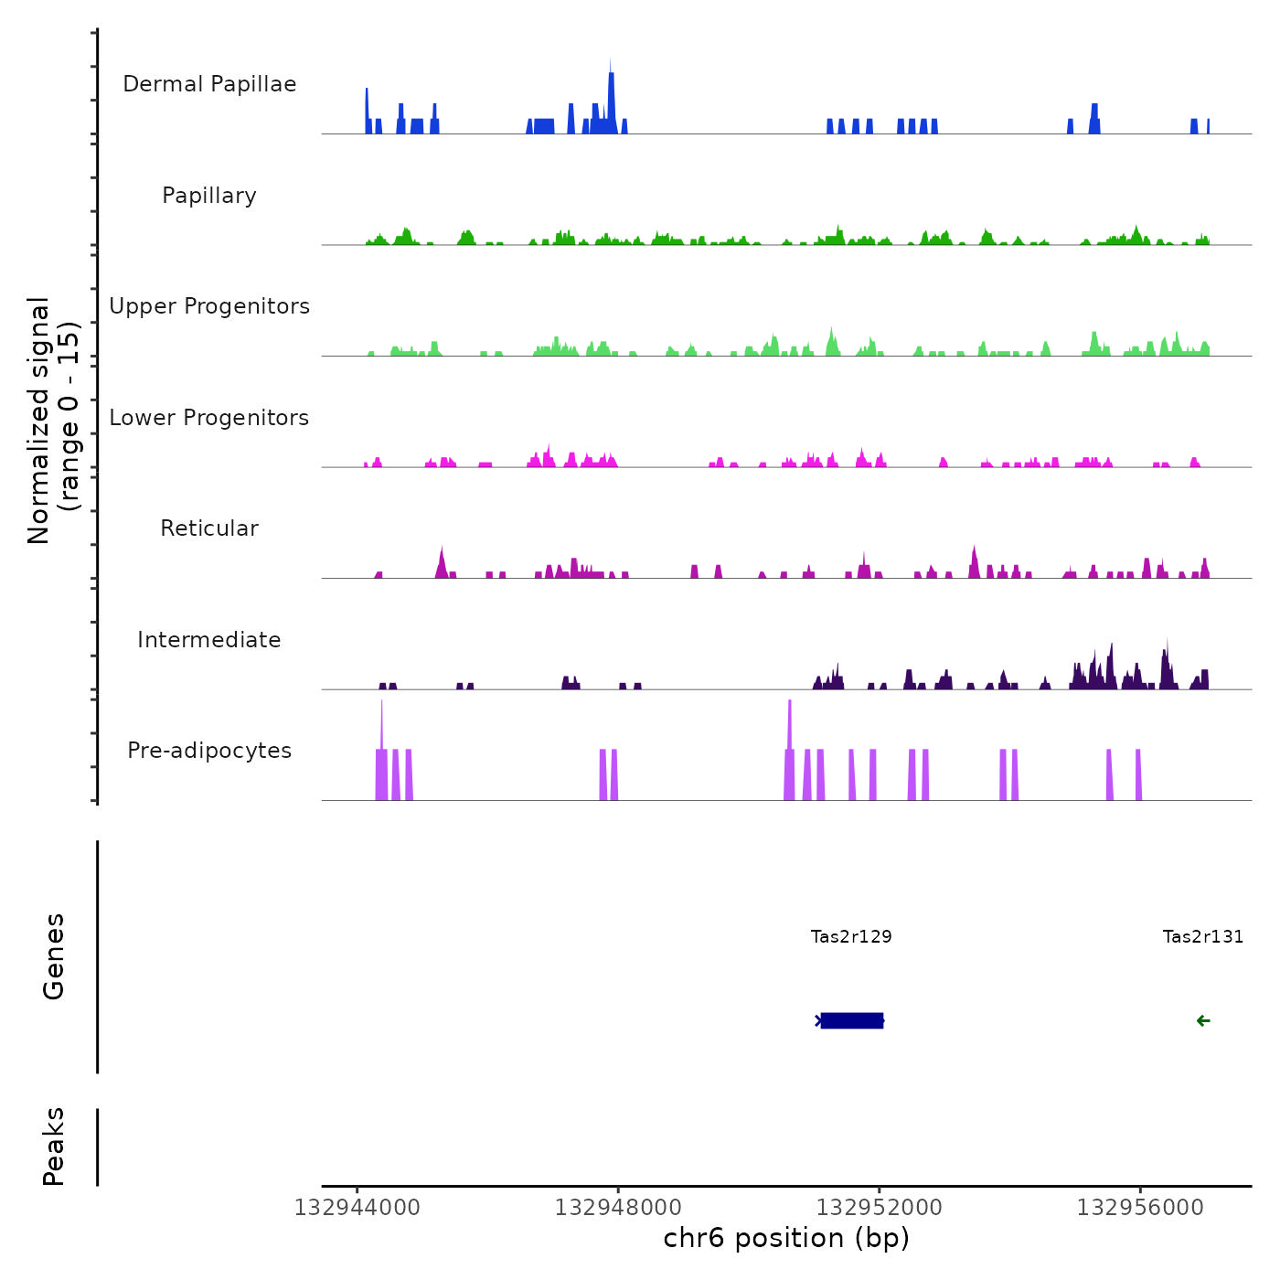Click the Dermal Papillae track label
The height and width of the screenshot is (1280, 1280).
coord(209,84)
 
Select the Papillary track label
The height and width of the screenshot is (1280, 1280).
coord(209,196)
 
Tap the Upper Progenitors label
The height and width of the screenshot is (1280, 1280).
coord(209,306)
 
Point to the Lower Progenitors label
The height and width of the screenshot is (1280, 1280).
coord(209,418)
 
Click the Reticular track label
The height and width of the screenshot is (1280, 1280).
coord(209,528)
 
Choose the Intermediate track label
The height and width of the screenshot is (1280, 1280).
coord(209,640)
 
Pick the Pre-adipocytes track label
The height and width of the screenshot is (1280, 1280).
coord(209,751)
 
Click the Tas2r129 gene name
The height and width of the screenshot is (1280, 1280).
coord(851,936)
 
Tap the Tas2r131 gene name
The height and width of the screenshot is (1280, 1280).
coord(1202,936)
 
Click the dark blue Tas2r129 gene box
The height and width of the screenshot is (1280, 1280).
coord(852,1020)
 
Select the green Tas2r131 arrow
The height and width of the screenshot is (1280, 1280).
coord(1203,1021)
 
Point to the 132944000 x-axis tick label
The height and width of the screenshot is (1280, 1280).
coord(357,1208)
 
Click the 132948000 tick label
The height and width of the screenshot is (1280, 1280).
coord(618,1208)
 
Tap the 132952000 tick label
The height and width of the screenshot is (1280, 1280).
coord(880,1208)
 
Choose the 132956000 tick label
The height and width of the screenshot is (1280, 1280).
coord(1140,1208)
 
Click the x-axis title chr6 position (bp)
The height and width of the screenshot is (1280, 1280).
coord(786,1238)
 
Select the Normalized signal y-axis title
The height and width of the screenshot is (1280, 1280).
coord(53,421)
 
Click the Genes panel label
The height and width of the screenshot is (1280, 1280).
coord(54,956)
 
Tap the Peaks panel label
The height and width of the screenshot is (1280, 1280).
coord(54,1147)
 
